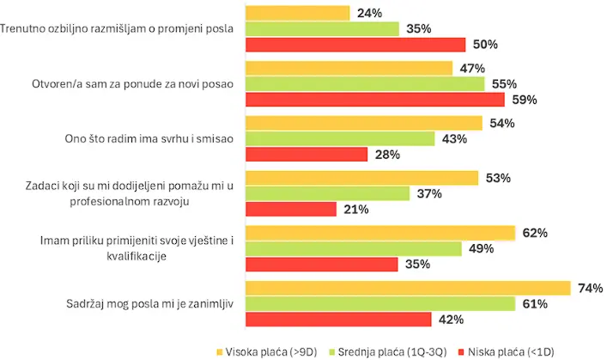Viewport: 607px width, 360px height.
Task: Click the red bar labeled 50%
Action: tap(355, 45)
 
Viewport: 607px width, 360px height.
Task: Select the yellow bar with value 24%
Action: tap(298, 13)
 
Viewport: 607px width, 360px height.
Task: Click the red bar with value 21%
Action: tap(291, 209)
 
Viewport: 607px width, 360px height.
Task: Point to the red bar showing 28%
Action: tap(307, 155)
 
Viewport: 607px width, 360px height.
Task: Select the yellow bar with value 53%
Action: tap(361, 178)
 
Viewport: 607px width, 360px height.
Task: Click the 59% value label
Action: tap(524, 100)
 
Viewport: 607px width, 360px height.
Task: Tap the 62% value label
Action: tap(536, 233)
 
